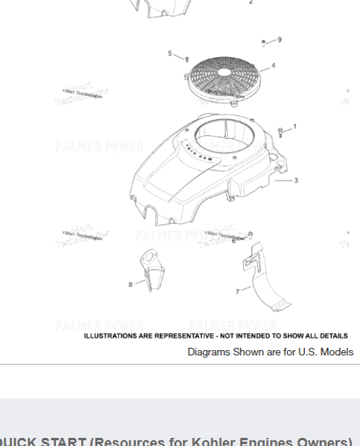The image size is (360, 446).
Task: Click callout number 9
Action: [280, 39]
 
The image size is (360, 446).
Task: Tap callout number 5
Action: [170, 54]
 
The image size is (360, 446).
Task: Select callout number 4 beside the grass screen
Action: [274, 66]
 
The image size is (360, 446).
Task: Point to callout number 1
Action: [295, 127]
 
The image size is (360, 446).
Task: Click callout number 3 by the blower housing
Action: [296, 181]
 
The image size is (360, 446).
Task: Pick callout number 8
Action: [131, 285]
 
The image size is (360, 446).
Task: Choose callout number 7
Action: [238, 291]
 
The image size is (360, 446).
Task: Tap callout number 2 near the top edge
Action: [251, 2]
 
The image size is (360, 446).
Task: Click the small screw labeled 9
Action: [264, 44]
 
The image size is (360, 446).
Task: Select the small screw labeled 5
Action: [187, 59]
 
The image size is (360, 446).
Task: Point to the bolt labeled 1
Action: [280, 132]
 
